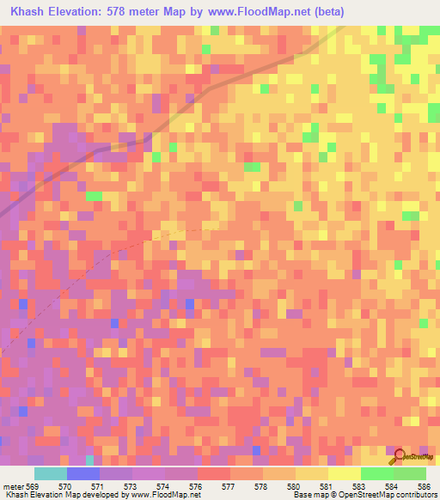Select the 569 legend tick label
pos(32,485)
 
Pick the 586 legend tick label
pos(423,485)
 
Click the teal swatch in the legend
pos(50,473)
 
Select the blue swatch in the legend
pos(82,473)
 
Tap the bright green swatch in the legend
pos(376,473)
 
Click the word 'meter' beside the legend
pos(13,485)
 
